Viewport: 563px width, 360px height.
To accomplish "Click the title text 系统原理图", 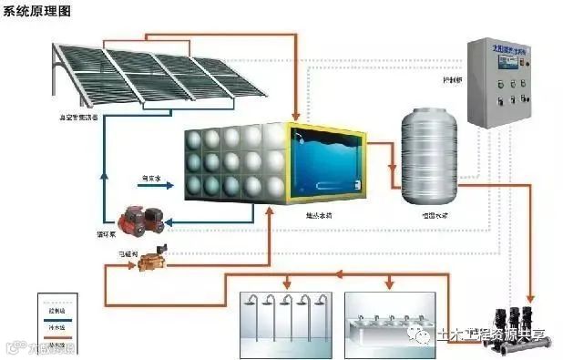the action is (39, 11).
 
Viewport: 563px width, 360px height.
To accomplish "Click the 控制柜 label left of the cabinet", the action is (452, 79).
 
